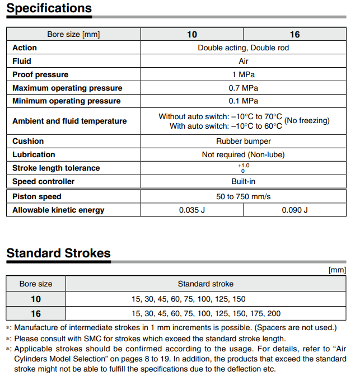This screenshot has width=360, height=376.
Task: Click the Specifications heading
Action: click(x=49, y=8)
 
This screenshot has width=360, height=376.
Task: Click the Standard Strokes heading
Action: click(x=58, y=253)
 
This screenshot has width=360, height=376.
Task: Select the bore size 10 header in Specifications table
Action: click(x=192, y=35)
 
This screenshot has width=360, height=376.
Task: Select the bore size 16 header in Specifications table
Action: click(x=294, y=35)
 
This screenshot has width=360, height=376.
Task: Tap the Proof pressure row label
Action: click(x=40, y=74)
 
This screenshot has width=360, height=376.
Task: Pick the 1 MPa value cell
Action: click(x=243, y=74)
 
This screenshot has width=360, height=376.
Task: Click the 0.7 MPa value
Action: click(x=243, y=88)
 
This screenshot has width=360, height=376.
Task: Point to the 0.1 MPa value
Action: click(x=243, y=101)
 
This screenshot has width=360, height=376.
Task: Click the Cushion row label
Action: click(x=28, y=141)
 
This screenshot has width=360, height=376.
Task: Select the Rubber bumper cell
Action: click(x=243, y=141)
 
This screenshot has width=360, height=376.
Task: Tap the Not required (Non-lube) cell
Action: click(x=243, y=154)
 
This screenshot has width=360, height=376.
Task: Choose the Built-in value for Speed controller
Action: click(x=243, y=181)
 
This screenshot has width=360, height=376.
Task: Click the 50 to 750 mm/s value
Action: click(x=243, y=196)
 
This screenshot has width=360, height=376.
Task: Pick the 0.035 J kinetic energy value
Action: click(x=192, y=210)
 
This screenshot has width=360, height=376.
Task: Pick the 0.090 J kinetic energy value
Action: click(x=294, y=210)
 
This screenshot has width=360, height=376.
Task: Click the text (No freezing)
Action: click(x=307, y=120)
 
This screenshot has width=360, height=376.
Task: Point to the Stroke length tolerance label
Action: click(x=56, y=168)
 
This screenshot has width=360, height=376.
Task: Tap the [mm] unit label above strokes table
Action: click(x=337, y=270)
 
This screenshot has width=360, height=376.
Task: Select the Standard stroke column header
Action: click(x=205, y=284)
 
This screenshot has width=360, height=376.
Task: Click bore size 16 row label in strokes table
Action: click(x=36, y=313)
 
